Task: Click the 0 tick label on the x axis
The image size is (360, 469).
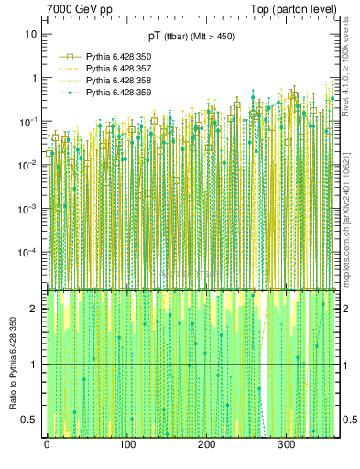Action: point(47,445)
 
